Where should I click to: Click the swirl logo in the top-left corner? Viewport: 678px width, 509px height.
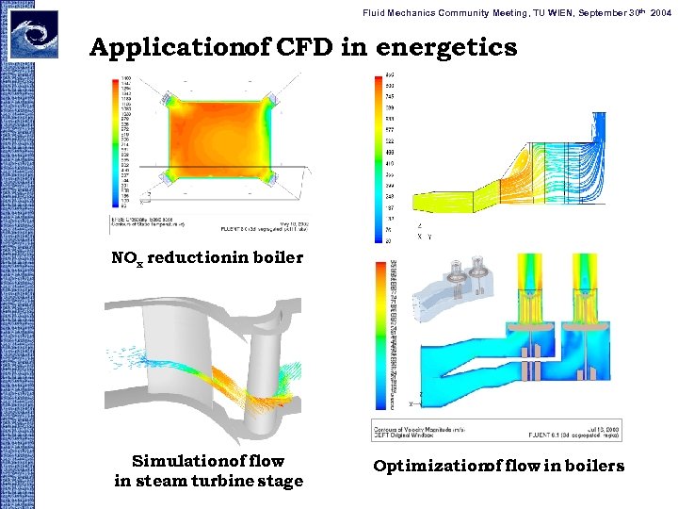32,34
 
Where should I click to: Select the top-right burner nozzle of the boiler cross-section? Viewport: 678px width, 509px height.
272,97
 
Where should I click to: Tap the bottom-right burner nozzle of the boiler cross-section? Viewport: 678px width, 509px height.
272,177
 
